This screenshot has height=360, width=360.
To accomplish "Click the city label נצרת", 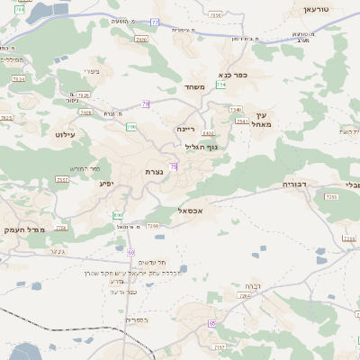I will (153, 171).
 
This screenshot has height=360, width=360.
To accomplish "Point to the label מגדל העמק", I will (22, 229).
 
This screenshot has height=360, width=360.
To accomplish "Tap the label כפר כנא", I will (233, 76).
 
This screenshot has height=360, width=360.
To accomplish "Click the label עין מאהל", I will (262, 120).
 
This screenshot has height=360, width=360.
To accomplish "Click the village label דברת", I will (250, 285).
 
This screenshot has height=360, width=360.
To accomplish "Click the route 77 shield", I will (155, 22).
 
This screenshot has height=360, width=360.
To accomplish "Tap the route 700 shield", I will (118, 215).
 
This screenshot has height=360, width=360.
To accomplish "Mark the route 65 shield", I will (212, 322).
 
